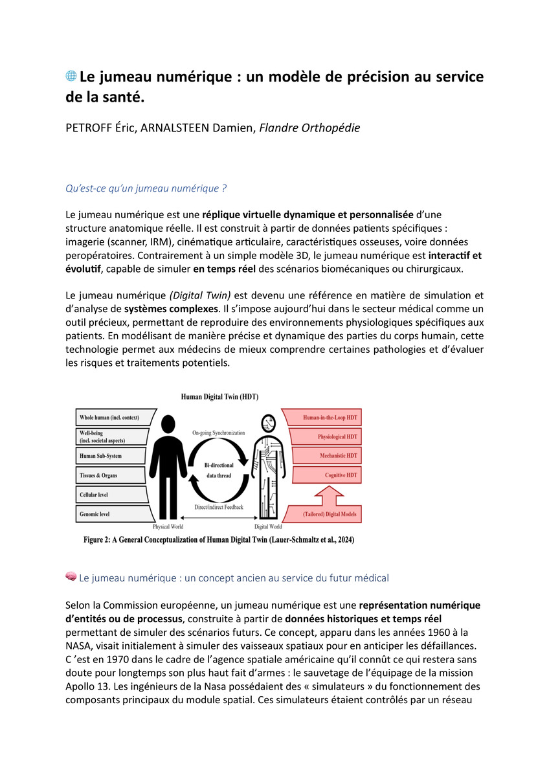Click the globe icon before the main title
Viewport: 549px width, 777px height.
click(71, 76)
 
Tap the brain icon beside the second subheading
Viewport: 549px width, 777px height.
click(71, 576)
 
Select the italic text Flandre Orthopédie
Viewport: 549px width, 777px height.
click(309, 128)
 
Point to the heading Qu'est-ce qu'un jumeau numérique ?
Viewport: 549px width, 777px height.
click(146, 188)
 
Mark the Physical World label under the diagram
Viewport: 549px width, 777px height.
click(168, 527)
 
